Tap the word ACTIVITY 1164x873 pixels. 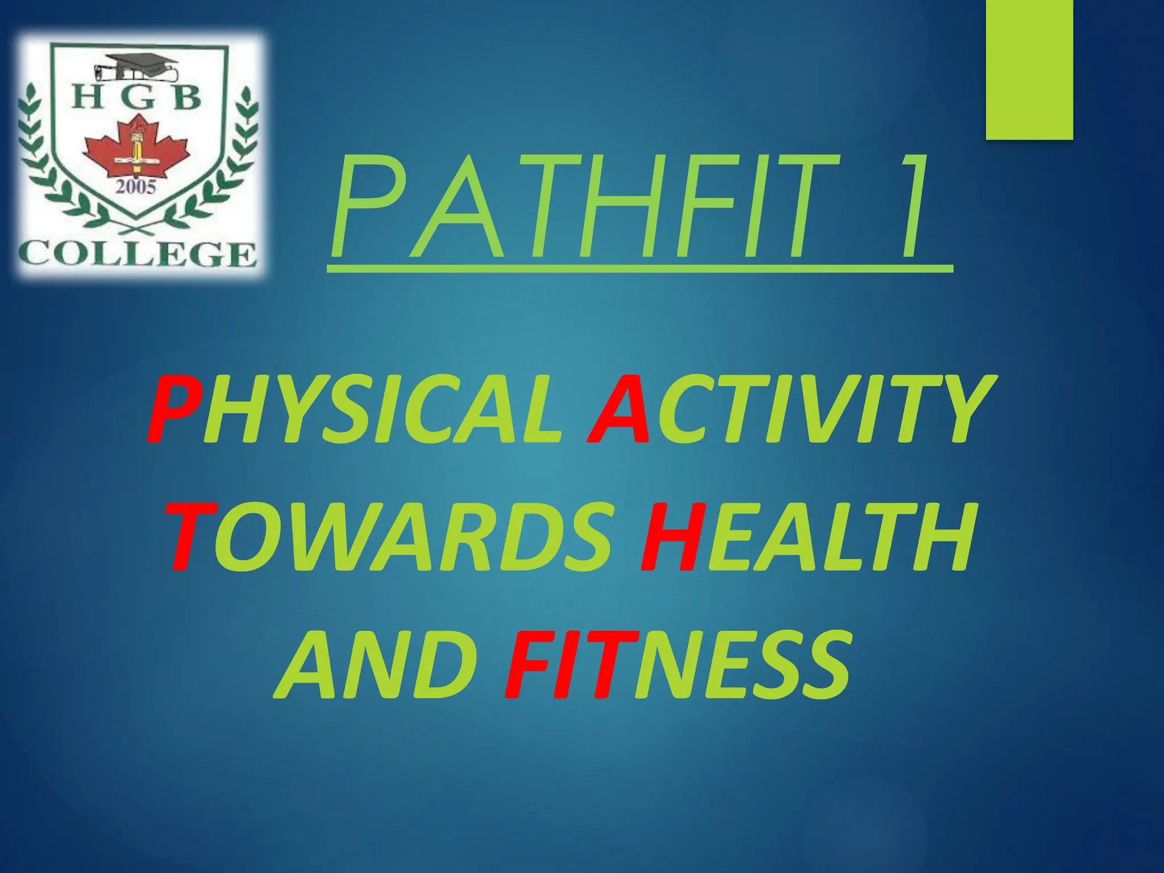click(790, 409)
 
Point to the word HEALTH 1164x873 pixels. click(807, 537)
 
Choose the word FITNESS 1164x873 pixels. click(676, 665)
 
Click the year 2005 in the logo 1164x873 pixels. click(136, 186)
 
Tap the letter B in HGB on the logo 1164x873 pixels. click(186, 99)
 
